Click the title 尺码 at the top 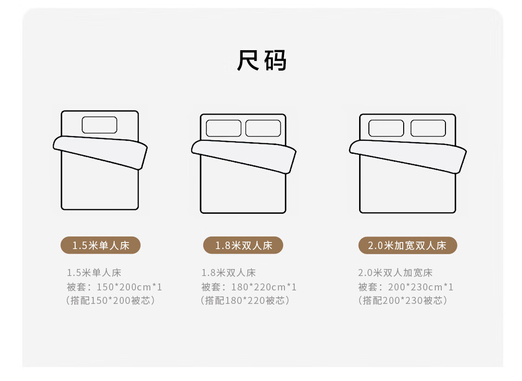[261, 60]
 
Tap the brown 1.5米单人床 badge [101, 245]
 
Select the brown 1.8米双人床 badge [243, 245]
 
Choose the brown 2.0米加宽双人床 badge [407, 245]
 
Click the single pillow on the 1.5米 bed [100, 125]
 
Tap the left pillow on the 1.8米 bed [224, 128]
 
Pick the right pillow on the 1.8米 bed [263, 128]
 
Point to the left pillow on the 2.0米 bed [386, 128]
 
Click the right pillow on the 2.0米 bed [428, 128]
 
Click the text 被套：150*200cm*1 [114, 287]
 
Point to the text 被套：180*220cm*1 [249, 287]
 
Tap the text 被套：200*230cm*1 [406, 287]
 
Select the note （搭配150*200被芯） [110, 300]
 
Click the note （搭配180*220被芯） [245, 300]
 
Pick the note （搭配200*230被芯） [402, 300]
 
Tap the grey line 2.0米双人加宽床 [395, 273]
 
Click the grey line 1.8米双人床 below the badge [228, 273]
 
